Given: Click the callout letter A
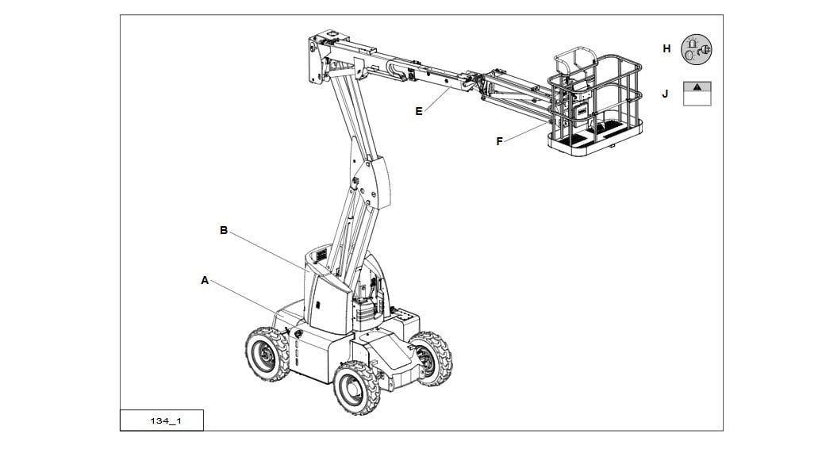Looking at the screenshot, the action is [205, 281].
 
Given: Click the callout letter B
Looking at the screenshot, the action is [224, 230].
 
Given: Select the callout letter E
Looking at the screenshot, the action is [419, 111].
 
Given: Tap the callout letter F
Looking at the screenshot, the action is [500, 141].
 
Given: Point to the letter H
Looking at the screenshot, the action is [666, 48].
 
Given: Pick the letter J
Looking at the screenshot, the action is [665, 94].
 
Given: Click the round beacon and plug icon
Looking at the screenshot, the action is [696, 49].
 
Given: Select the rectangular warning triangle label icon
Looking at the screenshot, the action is [697, 94].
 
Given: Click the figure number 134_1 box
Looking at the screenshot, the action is [162, 420].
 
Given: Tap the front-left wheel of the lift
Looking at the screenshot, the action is [267, 354].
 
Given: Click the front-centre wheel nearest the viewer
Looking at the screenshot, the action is [356, 387].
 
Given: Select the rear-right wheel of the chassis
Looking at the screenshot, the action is [432, 358].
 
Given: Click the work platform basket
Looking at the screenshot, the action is [596, 105].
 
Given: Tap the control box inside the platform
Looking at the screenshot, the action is [581, 111].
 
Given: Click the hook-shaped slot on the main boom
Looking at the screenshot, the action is [397, 71].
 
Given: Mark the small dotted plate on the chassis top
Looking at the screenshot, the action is [405, 317].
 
